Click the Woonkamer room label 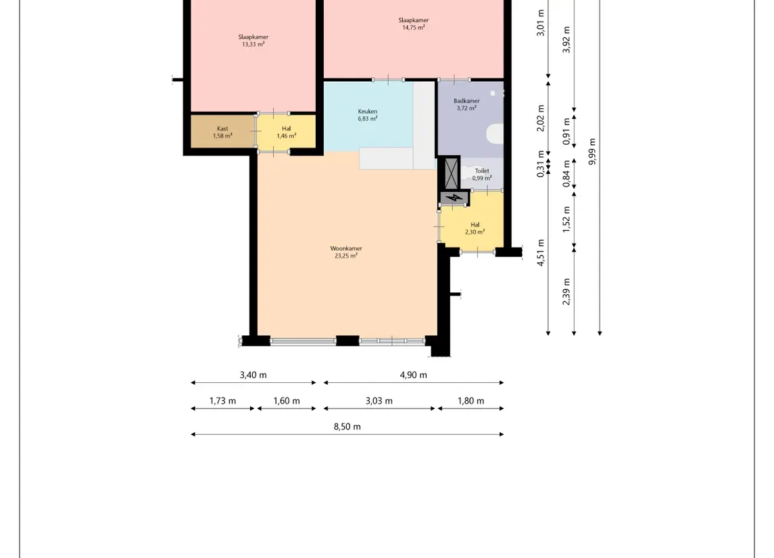346,252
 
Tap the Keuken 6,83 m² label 368,115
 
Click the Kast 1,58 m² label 222,132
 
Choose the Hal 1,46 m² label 287,132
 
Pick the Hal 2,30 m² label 475,228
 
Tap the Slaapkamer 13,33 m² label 253,41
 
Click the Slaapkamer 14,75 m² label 414,24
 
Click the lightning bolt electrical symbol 454,198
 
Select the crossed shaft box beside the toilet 452,173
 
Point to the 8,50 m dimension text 347,427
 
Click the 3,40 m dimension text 253,375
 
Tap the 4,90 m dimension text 414,375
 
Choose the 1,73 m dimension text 222,400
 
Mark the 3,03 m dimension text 379,400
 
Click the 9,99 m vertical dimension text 592,152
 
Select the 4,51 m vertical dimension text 541,253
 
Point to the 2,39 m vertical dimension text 566,292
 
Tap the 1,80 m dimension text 471,400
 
